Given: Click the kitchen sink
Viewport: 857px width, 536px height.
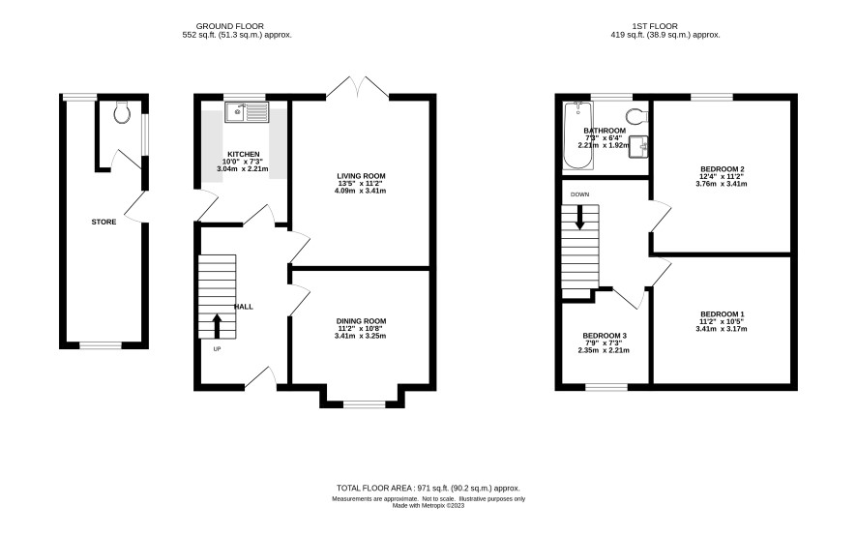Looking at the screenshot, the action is (x=247, y=112).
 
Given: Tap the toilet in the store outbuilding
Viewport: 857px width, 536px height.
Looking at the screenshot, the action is (x=121, y=112).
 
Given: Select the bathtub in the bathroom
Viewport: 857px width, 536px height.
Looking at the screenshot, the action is (x=578, y=135).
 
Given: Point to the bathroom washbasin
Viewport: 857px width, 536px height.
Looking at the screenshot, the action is (x=638, y=147).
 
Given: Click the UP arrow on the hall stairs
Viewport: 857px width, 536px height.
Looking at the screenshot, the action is (x=217, y=326).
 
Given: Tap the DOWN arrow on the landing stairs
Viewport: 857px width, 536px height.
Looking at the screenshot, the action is (x=579, y=217).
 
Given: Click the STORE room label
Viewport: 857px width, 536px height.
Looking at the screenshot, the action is (x=103, y=223).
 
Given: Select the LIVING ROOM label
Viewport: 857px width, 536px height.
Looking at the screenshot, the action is (x=361, y=176).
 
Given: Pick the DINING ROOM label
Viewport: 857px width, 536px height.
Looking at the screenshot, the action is (x=361, y=321).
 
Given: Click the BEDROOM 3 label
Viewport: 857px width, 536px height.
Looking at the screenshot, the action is (x=605, y=336).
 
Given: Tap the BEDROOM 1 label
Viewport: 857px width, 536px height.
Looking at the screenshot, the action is (x=722, y=314).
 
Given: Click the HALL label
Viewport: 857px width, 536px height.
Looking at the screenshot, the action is (x=244, y=307).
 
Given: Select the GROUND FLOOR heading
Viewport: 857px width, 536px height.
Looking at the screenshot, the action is (x=229, y=26).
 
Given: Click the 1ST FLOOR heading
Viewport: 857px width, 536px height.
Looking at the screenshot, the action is (x=655, y=26).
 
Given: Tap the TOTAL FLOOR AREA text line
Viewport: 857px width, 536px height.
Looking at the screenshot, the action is (x=428, y=489).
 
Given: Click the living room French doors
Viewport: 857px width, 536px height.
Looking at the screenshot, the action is (x=358, y=87).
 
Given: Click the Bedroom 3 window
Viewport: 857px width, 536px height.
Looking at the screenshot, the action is (x=606, y=387).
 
